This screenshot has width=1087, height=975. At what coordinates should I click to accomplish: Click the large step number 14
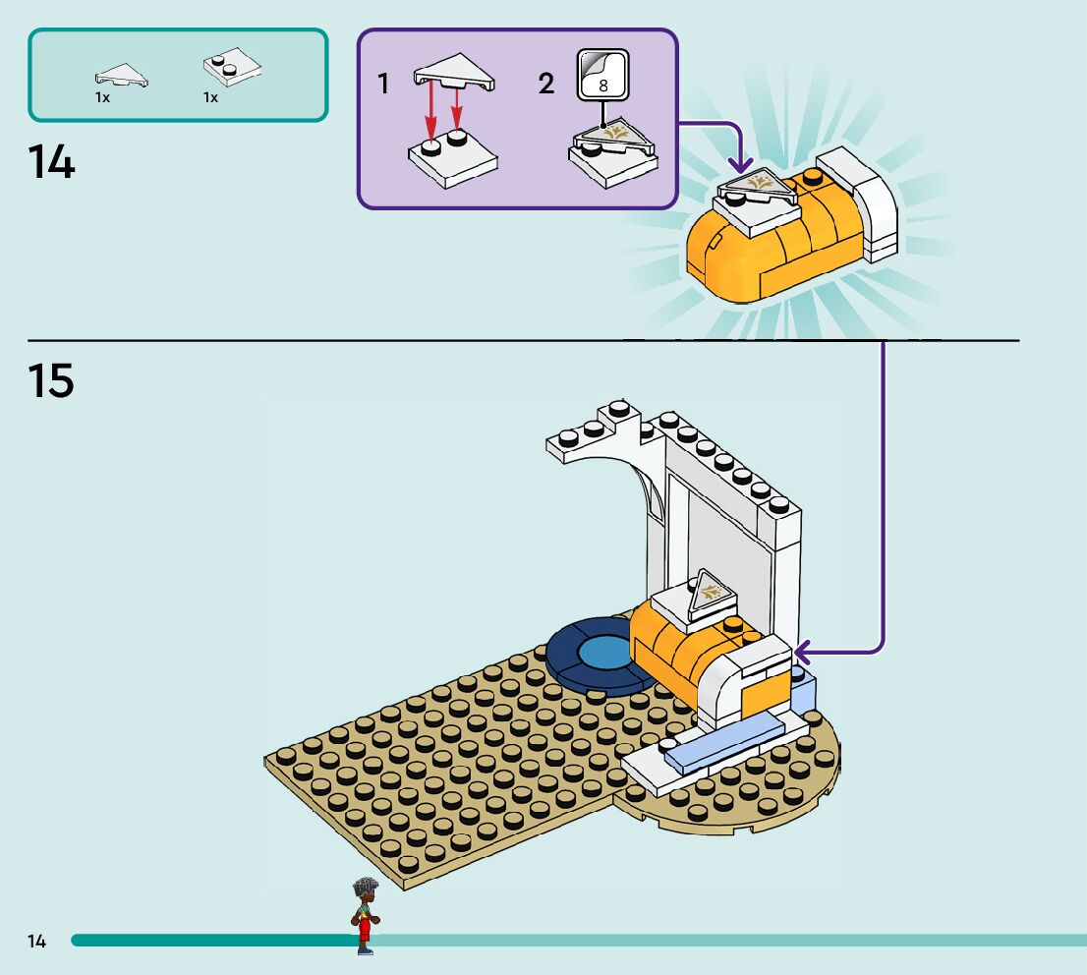(51, 162)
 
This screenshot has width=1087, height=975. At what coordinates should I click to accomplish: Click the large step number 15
(51, 380)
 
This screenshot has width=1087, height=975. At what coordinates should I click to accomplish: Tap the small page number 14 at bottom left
(36, 942)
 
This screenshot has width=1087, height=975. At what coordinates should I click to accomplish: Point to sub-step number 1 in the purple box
(383, 85)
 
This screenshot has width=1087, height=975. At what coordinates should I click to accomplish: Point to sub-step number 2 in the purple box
(546, 85)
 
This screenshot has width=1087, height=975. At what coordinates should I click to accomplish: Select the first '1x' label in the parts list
(102, 98)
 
